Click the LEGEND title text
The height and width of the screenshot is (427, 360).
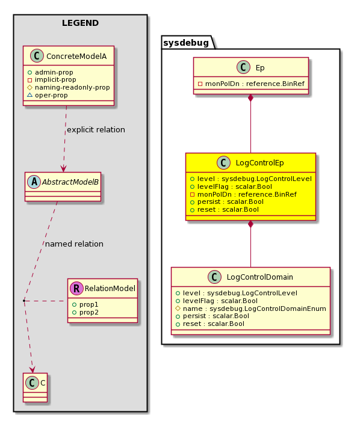tap(81, 23)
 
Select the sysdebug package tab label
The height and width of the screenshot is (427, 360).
tap(186, 43)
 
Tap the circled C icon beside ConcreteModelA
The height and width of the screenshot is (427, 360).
tap(37, 56)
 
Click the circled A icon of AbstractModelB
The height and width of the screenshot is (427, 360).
tap(34, 182)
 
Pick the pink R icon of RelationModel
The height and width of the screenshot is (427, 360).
tap(76, 289)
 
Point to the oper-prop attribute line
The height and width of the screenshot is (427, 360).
tap(48, 95)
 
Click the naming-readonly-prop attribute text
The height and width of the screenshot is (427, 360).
tap(72, 87)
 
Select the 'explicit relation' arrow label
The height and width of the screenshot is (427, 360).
tap(96, 130)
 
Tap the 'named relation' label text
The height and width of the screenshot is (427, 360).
tap(74, 244)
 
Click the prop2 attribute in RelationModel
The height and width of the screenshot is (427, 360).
tap(85, 312)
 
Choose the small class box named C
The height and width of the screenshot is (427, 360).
tap(35, 387)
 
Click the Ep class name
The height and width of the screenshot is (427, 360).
tap(260, 68)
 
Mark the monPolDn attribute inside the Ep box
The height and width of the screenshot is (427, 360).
tap(251, 84)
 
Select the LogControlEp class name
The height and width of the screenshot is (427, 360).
tap(259, 163)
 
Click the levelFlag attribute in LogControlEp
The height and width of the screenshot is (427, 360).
tap(231, 186)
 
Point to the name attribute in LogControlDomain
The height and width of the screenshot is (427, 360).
tap(251, 309)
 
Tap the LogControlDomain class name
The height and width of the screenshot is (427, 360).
tap(259, 277)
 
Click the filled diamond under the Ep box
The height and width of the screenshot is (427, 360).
tap(250, 98)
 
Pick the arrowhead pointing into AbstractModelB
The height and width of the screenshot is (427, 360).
tap(63, 169)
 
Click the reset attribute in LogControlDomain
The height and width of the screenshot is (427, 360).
tap(210, 324)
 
